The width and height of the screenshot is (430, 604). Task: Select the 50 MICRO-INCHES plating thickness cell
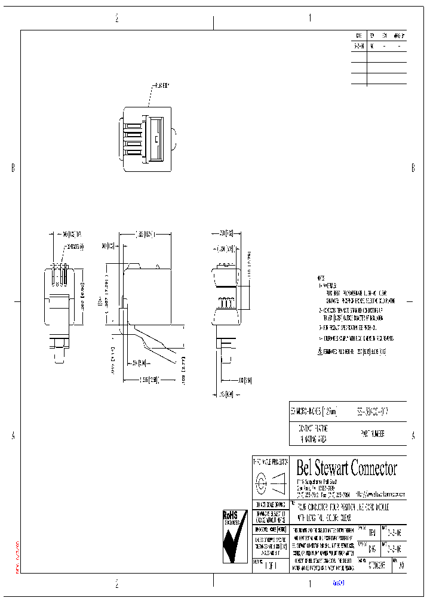[x=314, y=412]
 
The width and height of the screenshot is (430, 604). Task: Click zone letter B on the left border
[x=13, y=169]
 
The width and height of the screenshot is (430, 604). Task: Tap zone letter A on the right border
[x=413, y=436]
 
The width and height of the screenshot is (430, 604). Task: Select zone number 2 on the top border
[x=116, y=19]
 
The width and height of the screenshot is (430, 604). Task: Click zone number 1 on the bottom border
[x=309, y=585]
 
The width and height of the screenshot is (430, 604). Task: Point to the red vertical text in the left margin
[x=17, y=557]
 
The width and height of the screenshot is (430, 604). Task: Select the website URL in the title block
[x=380, y=495]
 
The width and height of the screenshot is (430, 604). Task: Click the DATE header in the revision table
[x=358, y=35]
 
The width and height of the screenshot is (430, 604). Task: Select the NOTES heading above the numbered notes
[x=322, y=279]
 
